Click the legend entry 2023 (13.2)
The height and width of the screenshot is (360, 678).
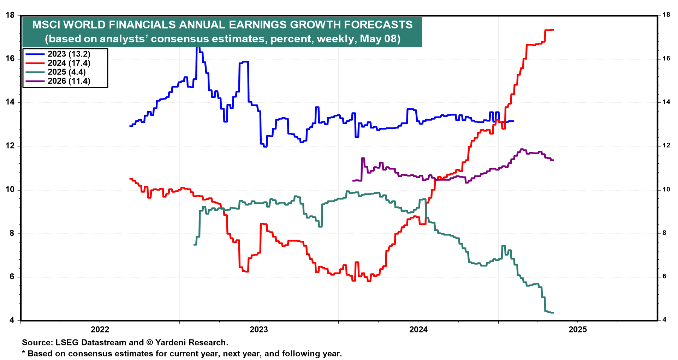(69, 54)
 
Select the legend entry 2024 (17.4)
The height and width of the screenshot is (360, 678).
(69, 63)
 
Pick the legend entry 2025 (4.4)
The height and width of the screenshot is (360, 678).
(66, 72)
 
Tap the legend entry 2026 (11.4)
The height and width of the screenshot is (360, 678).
(69, 81)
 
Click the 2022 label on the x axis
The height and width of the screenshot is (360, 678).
(100, 330)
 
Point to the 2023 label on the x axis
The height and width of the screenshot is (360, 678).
(259, 330)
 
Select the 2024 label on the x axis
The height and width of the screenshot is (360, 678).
(418, 330)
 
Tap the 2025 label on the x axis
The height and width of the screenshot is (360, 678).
(578, 330)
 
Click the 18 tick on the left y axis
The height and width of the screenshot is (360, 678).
(10, 15)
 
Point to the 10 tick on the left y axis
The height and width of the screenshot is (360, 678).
(10, 190)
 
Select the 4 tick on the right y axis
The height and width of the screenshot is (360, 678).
(664, 320)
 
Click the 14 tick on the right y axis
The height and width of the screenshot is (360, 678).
(666, 102)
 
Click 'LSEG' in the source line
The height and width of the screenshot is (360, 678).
(67, 342)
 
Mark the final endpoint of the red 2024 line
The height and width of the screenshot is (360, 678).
(553, 30)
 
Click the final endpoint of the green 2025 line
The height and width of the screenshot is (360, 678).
(553, 313)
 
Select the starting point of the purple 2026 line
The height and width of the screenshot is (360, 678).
(353, 181)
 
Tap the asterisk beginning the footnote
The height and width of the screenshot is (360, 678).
(24, 353)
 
